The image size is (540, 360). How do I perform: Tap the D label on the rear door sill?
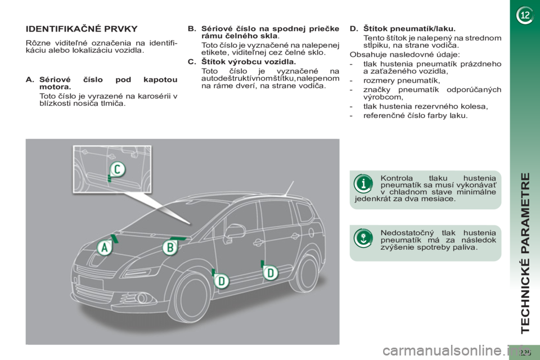click(x=270, y=272)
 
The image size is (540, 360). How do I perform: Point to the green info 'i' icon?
click(x=364, y=183)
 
